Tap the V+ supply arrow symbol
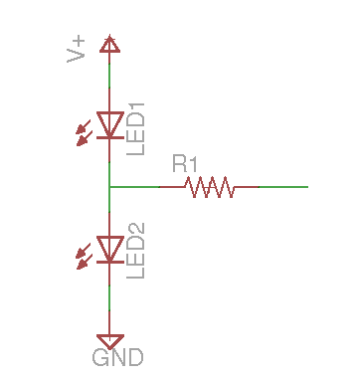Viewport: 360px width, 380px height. [x=109, y=43]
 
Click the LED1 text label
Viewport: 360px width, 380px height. [x=136, y=127]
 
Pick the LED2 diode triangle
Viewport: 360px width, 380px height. [x=109, y=249]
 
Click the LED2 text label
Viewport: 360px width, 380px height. [x=136, y=252]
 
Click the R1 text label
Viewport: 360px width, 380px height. [x=185, y=162]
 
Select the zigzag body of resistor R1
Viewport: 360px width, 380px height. [x=209, y=186]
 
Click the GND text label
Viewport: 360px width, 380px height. [x=117, y=357]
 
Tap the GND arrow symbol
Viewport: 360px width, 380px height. [x=109, y=339]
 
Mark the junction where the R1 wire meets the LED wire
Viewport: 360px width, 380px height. [x=109, y=186]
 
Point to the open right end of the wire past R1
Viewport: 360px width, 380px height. [x=307, y=186]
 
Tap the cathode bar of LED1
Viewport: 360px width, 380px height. [x=109, y=137]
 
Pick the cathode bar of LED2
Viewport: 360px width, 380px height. [x=109, y=262]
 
